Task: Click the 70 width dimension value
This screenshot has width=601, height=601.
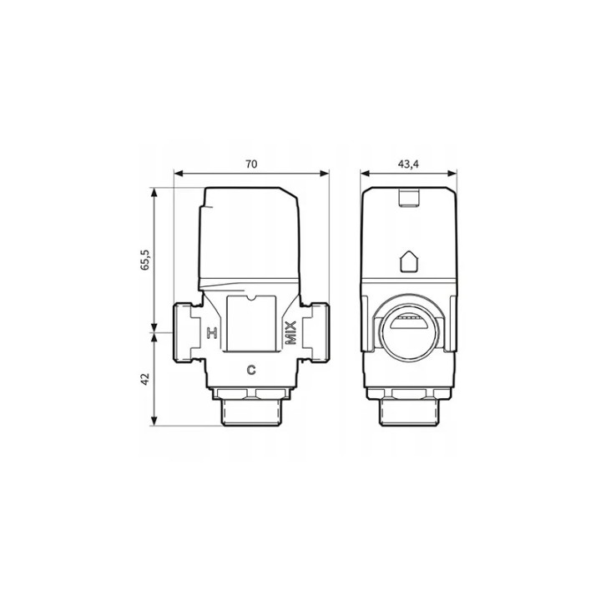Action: [x=251, y=164]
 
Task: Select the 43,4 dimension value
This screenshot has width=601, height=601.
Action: [x=408, y=164]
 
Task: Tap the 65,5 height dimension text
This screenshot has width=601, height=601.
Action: [x=145, y=260]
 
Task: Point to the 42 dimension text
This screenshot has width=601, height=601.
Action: [x=145, y=380]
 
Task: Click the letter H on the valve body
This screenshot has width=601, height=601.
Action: [x=212, y=333]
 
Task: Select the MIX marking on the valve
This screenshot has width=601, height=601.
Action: [x=291, y=333]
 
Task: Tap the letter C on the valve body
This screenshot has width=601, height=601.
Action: [x=251, y=371]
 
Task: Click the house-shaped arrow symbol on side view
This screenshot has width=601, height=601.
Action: [x=409, y=261]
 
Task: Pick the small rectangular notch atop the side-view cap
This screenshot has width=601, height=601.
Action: [x=409, y=198]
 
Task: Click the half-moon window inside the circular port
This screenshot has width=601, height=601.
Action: [x=408, y=323]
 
